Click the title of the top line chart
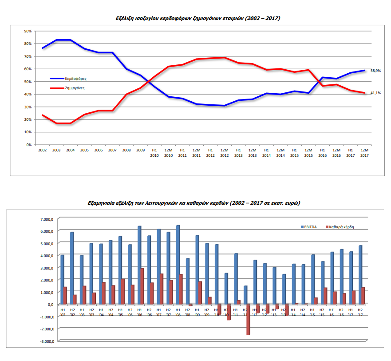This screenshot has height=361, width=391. click(x=196, y=19)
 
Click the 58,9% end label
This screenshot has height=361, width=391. click(x=375, y=71)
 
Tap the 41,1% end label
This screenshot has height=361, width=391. click(x=375, y=93)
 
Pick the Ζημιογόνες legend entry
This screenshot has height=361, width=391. click(x=73, y=88)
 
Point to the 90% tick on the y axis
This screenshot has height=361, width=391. click(x=28, y=31)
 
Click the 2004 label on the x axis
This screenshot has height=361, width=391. click(x=70, y=151)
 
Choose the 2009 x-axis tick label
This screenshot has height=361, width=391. click(x=140, y=151)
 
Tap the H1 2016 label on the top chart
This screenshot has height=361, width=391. click(x=322, y=153)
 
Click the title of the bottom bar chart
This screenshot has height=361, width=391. click(x=194, y=203)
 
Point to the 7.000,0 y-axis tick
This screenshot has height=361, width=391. click(x=46, y=219)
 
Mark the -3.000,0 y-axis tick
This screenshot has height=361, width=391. click(x=46, y=341)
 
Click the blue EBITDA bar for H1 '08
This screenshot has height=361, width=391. click(x=178, y=265)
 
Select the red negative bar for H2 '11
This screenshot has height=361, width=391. click(x=248, y=319)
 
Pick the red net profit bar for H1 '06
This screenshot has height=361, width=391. click(x=142, y=286)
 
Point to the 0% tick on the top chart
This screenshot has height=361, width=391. click(x=28, y=145)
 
